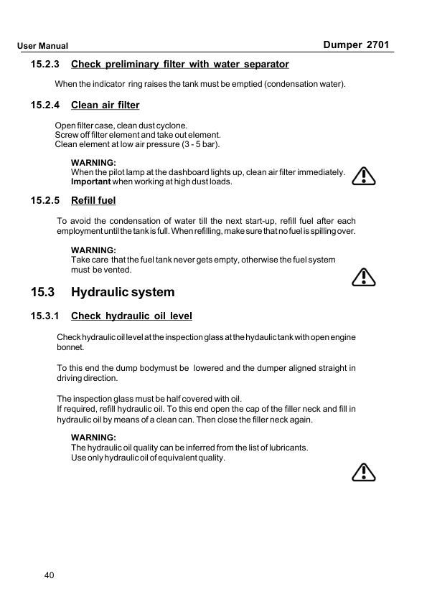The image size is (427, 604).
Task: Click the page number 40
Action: pos(49,575)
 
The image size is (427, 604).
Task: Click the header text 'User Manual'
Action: pos(43,46)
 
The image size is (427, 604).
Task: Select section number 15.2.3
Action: pos(45,65)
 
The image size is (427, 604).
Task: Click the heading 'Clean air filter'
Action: pos(105,105)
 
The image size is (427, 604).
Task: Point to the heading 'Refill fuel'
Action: pos(93,200)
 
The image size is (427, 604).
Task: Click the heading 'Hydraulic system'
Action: pos(123,292)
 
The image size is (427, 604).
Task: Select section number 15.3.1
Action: pos(45,316)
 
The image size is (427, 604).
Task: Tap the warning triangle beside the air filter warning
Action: pos(365,176)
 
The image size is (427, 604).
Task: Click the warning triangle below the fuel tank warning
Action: pos(365,276)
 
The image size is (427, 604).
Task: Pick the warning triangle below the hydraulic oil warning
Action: pos(365,471)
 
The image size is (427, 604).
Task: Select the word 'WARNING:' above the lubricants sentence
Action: pos(93,437)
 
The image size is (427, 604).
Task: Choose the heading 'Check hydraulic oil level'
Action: pos(131,316)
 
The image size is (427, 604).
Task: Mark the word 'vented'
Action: pos(118,270)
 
